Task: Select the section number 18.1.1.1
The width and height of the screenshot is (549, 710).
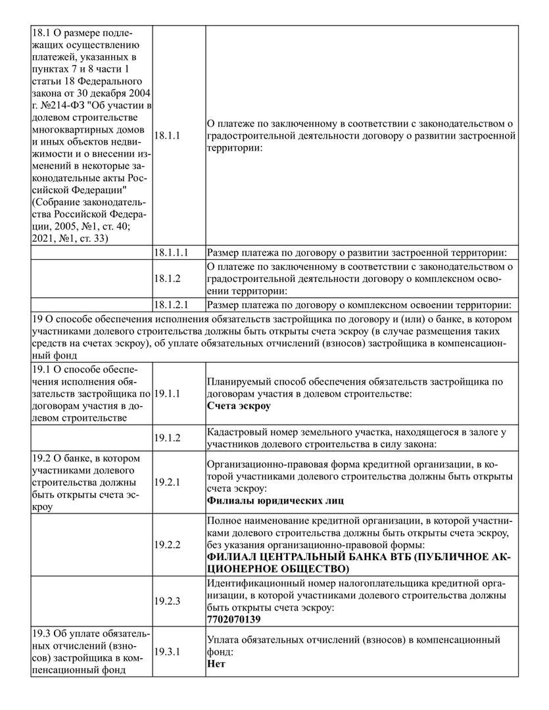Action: coord(171,252)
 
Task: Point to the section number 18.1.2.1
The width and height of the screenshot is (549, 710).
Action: coord(171,304)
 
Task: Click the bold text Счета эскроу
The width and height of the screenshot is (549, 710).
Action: coord(239,406)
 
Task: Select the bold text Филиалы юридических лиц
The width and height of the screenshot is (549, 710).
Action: coord(275,500)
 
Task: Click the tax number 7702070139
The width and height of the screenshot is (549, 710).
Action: coord(233,619)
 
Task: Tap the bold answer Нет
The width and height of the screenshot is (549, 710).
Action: coord(216,663)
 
